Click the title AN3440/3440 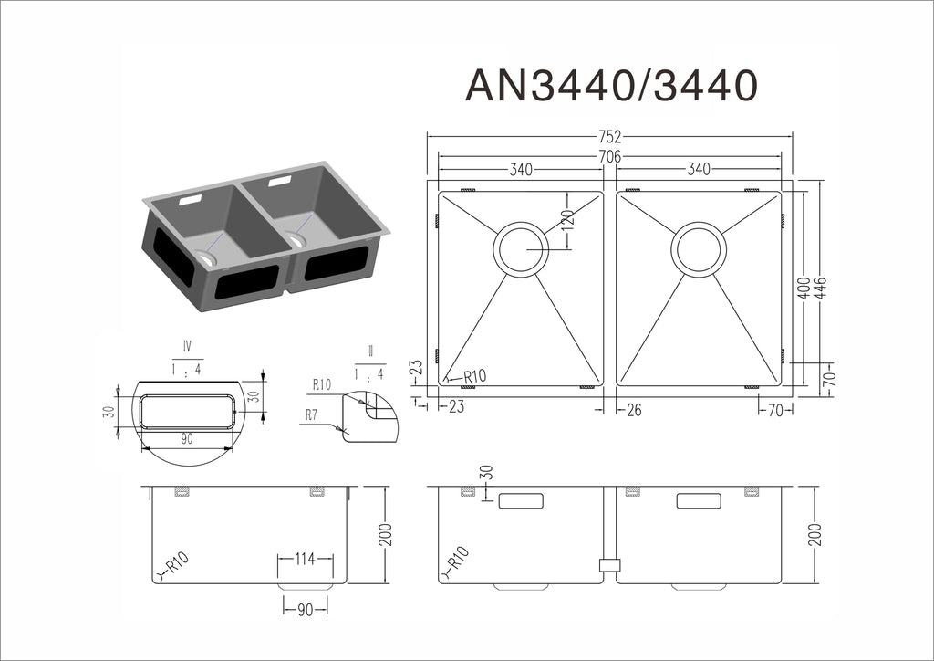click(x=611, y=85)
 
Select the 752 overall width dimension click(x=610, y=137)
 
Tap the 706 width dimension click(x=610, y=156)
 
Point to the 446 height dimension click(x=821, y=289)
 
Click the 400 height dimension click(x=804, y=289)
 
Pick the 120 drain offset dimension click(x=567, y=221)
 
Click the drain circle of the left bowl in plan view click(x=521, y=250)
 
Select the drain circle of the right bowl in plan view click(x=699, y=250)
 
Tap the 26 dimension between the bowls click(x=634, y=410)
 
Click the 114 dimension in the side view click(x=305, y=559)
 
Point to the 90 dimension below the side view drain click(x=305, y=610)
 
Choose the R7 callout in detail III click(x=312, y=414)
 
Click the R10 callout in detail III click(x=322, y=384)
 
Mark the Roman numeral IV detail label click(x=188, y=346)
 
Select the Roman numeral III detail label click(x=370, y=351)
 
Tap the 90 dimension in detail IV click(x=187, y=439)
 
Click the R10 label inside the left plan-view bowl click(x=474, y=377)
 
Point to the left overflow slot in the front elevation click(x=521, y=500)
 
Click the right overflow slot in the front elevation click(x=699, y=500)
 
